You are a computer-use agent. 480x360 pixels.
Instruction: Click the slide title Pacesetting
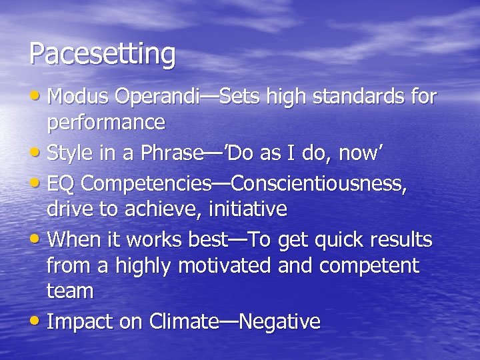(103, 55)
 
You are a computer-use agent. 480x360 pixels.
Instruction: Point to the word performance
(105, 123)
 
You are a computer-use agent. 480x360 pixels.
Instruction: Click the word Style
(71, 153)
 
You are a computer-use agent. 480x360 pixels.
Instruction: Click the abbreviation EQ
(62, 183)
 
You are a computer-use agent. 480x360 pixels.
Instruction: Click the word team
(70, 291)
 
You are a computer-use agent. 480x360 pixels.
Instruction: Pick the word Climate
(184, 322)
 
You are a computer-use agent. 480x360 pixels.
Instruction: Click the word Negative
(279, 322)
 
